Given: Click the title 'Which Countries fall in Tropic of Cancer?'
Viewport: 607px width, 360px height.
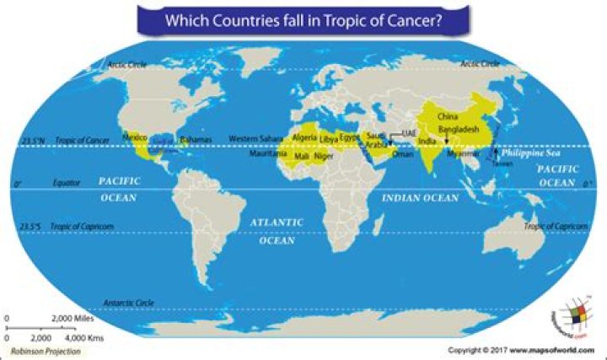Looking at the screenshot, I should point(303,18).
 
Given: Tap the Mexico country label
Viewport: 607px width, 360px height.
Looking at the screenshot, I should point(136,137).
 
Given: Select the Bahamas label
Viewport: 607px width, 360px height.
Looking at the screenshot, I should point(196,138).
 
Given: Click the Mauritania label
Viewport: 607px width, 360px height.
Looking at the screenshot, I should point(268,154).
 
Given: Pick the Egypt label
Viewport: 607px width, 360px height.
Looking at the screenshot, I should point(350,137).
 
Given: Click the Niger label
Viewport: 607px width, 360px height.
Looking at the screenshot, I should point(325,156).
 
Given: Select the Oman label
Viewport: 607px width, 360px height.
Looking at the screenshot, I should point(403,155).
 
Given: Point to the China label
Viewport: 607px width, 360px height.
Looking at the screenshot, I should point(448,116).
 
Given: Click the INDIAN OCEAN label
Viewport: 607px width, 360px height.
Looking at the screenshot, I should point(421,198).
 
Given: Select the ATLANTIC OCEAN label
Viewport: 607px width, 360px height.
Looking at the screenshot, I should point(277,230).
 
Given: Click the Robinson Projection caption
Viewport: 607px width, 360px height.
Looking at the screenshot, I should point(46,350).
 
